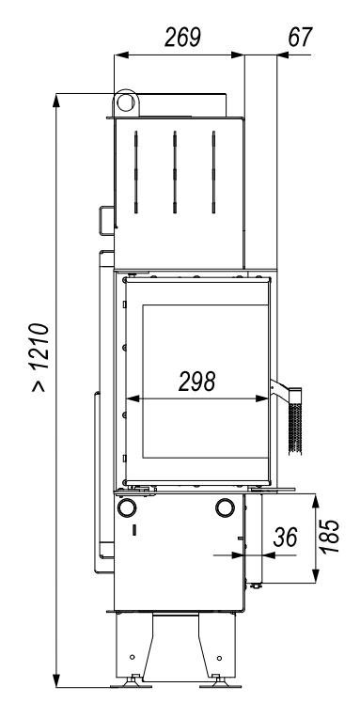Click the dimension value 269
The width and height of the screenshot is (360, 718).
pos(182,37)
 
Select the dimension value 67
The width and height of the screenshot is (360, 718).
pos(300,37)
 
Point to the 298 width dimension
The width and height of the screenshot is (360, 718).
pos(197,381)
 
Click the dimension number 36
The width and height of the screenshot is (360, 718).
pos(285,538)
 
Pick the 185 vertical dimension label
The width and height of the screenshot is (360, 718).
pos(330,537)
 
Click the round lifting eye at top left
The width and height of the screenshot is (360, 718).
pos(126,102)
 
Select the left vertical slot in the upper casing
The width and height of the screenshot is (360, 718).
pos(136,172)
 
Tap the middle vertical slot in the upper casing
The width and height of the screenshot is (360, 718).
pos(175,172)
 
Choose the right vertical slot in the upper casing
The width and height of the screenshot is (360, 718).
pos(214,172)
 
